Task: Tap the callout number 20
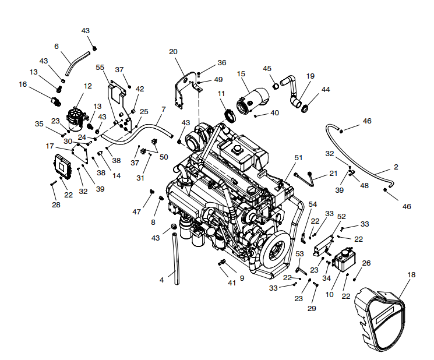(x=173, y=52)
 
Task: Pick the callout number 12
(x=88, y=86)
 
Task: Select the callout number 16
(x=23, y=84)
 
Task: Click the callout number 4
(x=161, y=280)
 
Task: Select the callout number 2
(x=396, y=167)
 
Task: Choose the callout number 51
(x=299, y=157)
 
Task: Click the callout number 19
(x=310, y=76)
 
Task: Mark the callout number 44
(x=326, y=90)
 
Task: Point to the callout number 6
(x=57, y=46)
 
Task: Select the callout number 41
(x=232, y=283)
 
